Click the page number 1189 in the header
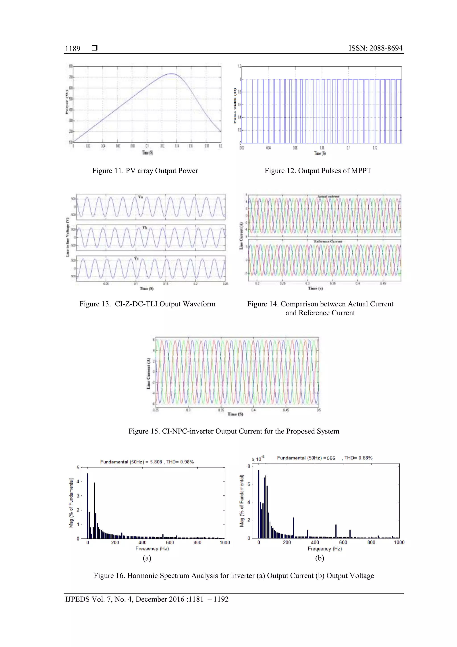coord(73,49)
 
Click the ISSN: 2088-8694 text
coord(375,48)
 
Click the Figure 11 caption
coord(145,171)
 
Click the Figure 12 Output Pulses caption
coord(318,171)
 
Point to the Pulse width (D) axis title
coord(235,106)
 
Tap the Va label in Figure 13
coord(140,197)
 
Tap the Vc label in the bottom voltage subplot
coord(136,258)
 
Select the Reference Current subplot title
coord(328,241)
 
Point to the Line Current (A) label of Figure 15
coord(148,374)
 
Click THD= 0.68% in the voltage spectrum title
coord(358,458)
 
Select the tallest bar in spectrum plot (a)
coord(87,506)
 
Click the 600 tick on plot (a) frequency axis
coord(170,542)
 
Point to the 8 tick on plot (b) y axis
coord(249,466)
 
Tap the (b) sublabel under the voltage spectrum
coord(319,558)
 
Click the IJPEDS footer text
coord(147,599)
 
